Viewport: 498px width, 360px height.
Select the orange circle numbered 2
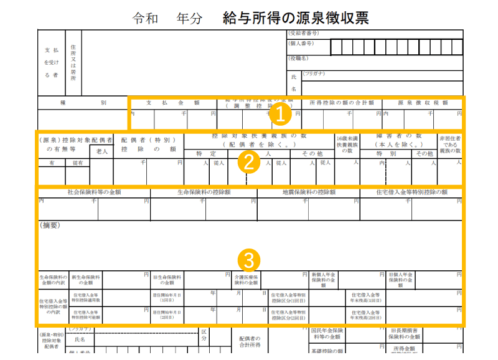pos(248,161)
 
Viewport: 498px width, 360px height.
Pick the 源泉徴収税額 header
pos(423,103)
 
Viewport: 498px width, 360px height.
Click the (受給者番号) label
pos(304,33)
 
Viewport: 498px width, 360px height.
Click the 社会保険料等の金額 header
pos(93,192)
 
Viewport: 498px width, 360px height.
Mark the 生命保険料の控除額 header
pos(204,192)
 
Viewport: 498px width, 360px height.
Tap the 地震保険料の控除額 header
pos(309,192)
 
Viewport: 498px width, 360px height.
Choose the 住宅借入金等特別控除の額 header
pos(411,192)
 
